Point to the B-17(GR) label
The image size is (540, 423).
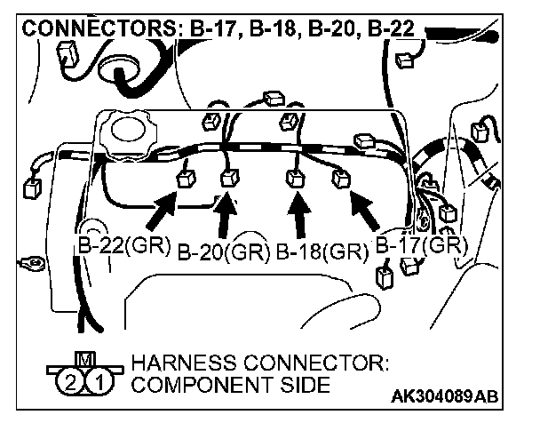point(422,243)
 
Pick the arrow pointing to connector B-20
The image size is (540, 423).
point(227,216)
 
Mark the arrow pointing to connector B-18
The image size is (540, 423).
point(298,216)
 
